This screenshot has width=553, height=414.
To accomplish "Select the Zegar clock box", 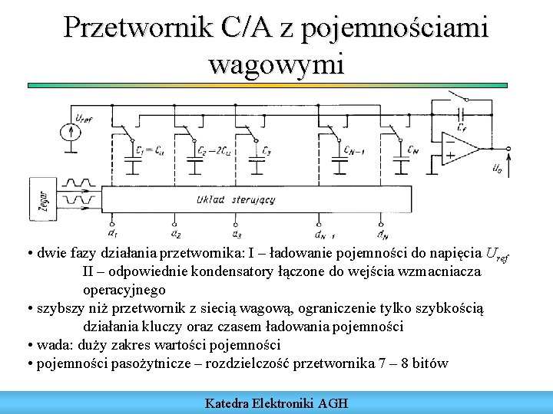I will click(37, 199).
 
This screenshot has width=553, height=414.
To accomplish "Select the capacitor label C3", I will click(266, 149).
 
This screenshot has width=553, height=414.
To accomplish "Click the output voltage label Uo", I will click(498, 167).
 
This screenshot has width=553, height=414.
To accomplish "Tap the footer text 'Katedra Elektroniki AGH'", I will click(276, 402).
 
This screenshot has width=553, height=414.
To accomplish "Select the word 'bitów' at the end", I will click(430, 363).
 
